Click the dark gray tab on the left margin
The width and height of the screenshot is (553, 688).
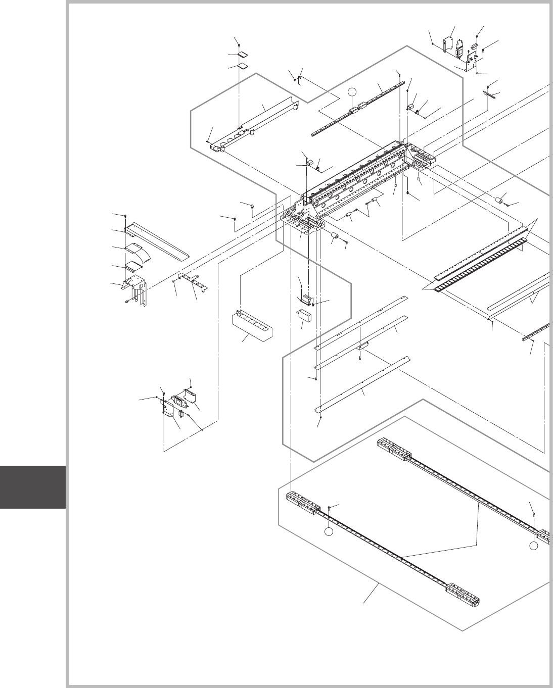[32, 487]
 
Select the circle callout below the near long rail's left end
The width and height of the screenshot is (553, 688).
[329, 532]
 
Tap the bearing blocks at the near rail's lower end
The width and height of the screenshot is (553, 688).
[462, 594]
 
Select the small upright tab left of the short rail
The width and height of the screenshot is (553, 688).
[300, 80]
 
